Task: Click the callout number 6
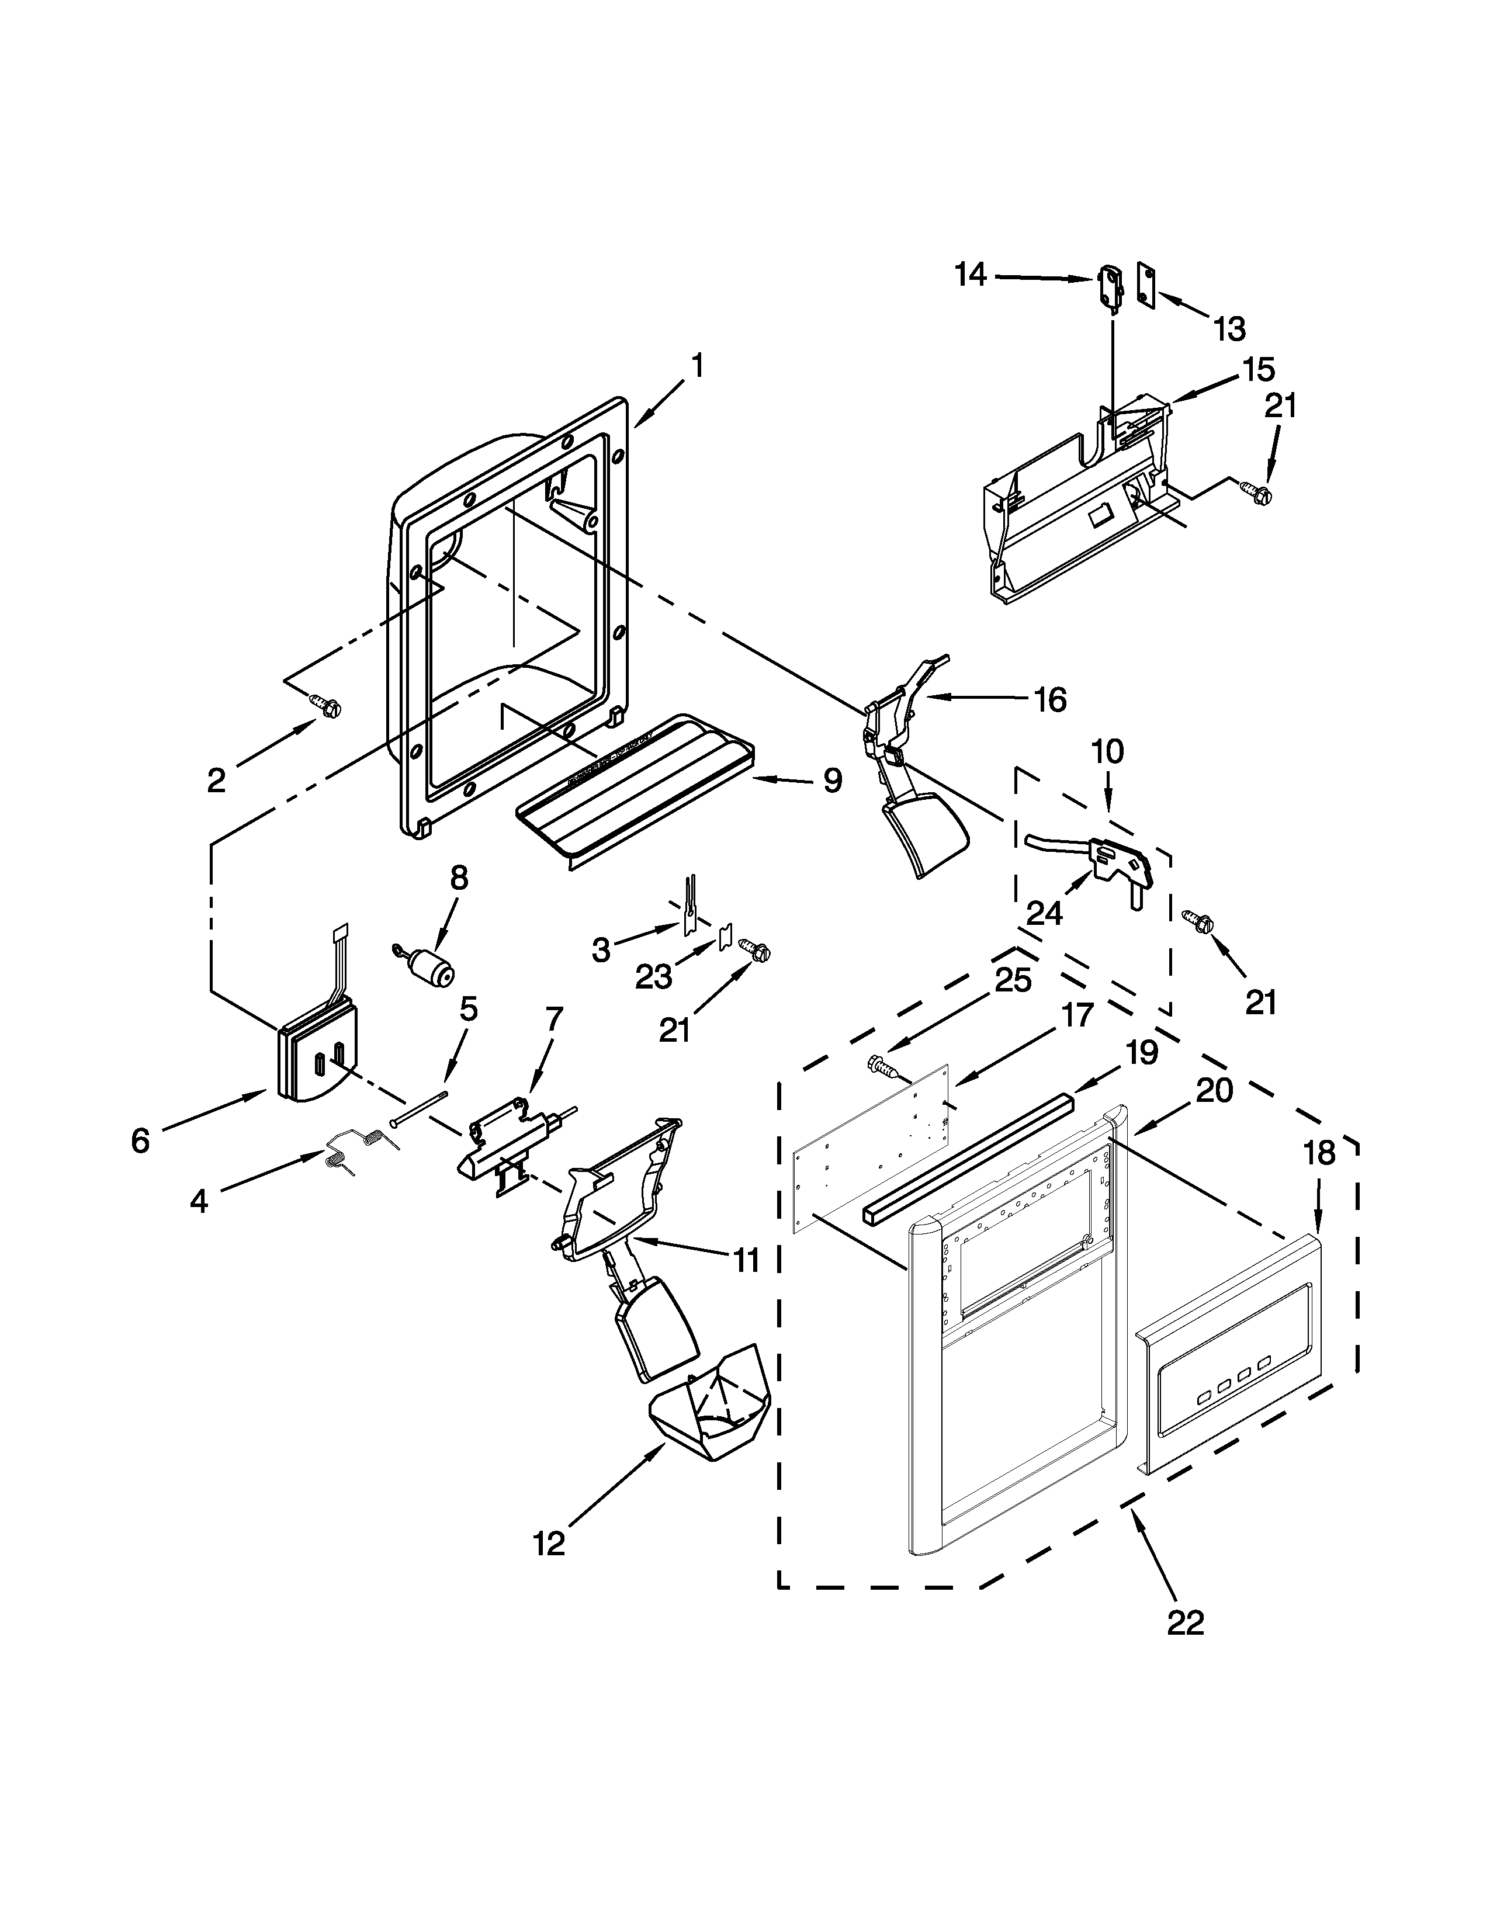(x=140, y=1140)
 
